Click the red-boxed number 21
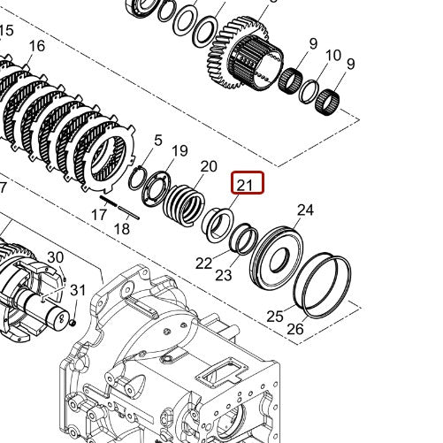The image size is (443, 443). (246, 185)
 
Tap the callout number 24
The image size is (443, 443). (305, 210)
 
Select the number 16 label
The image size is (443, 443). (36, 46)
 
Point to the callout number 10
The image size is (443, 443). (333, 56)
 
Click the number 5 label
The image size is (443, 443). (158, 140)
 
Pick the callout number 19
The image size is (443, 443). (179, 151)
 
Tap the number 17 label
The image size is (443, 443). (99, 214)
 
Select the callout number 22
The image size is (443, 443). (204, 263)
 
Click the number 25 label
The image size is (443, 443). (275, 316)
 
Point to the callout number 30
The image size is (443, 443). (55, 257)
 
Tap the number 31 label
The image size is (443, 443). (78, 289)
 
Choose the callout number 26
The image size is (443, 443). (295, 329)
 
